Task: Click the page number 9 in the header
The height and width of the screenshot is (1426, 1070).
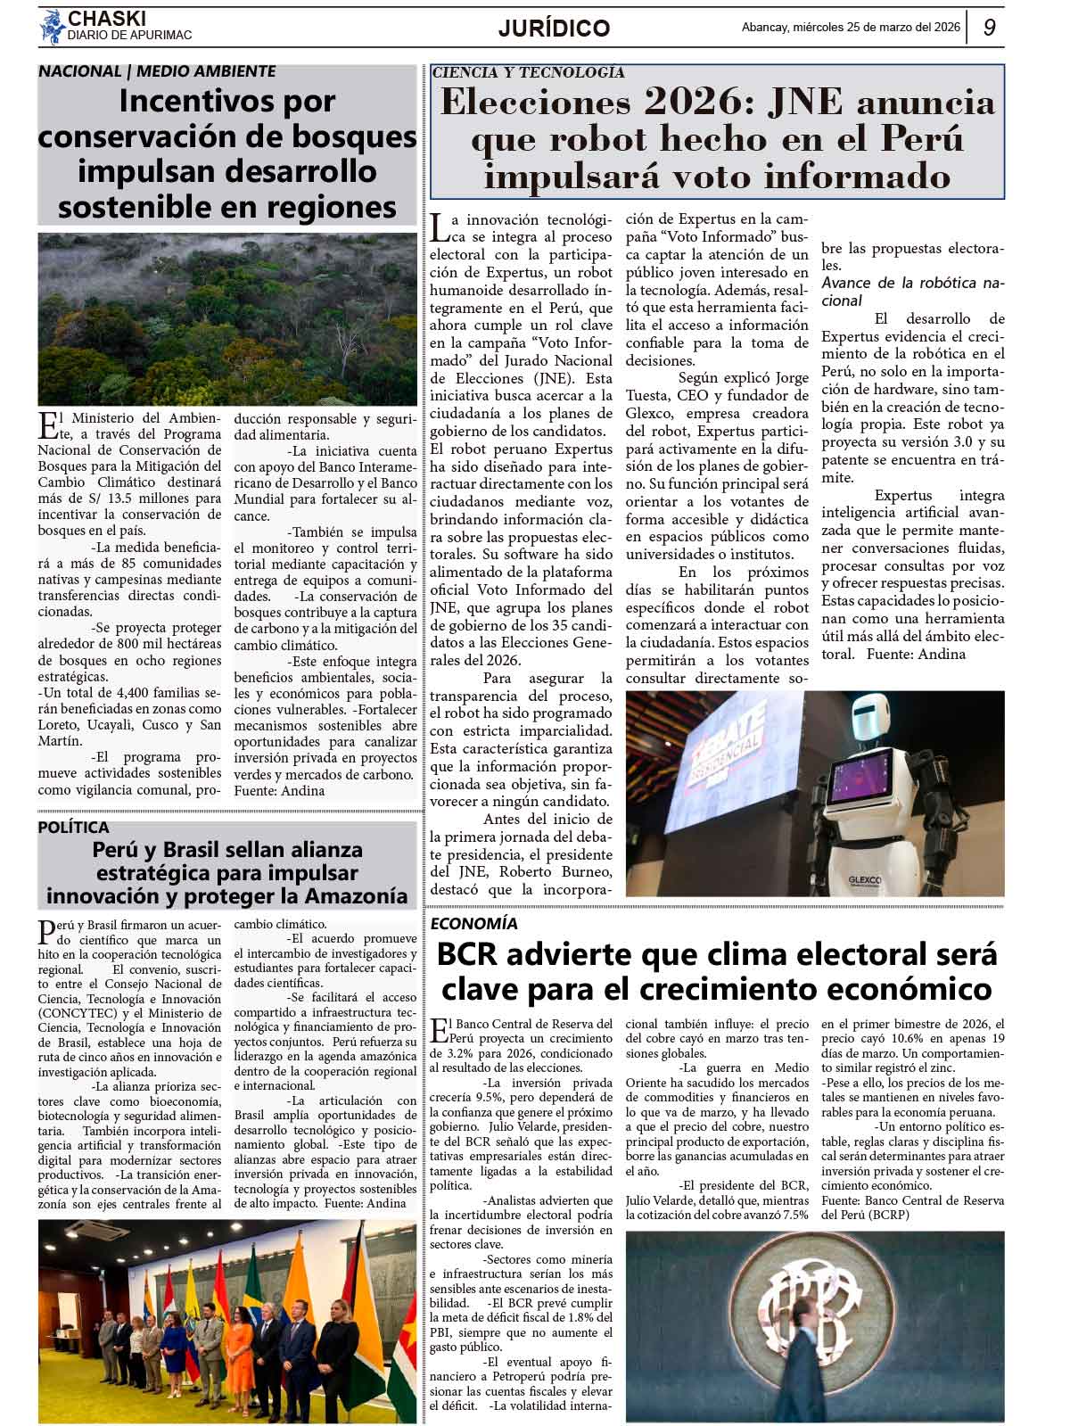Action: point(990,28)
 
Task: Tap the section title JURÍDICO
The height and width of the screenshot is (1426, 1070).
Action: point(554,29)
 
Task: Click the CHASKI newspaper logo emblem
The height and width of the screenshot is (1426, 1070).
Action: point(51,27)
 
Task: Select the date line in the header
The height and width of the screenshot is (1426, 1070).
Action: point(851,28)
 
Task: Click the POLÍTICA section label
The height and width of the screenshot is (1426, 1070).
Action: point(73,827)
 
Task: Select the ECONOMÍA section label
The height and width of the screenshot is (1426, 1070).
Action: point(473,923)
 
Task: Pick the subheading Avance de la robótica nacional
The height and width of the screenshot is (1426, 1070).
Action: point(912,292)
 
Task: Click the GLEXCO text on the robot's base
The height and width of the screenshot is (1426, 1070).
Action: point(864,880)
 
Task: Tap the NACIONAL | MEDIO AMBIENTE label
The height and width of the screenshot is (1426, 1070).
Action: point(157,71)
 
